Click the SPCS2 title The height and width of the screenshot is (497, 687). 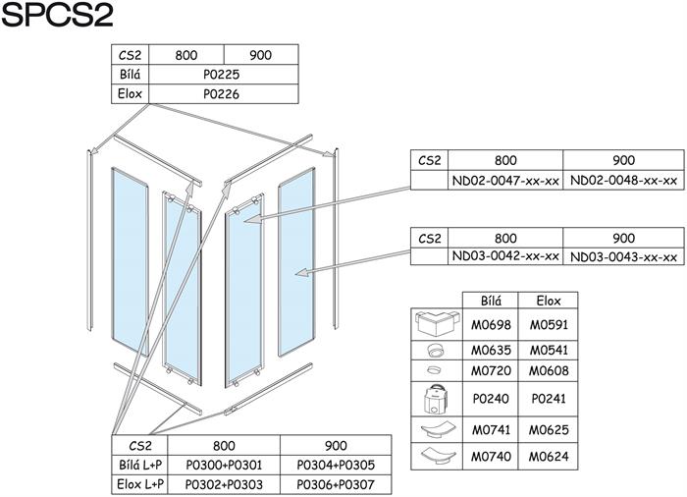coord(59,17)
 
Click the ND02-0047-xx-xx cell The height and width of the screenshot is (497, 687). coord(505,181)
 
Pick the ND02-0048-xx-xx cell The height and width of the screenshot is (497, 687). coord(623,181)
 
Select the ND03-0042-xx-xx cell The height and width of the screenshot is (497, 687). coord(505,256)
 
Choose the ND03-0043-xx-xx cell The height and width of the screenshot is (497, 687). coord(623,256)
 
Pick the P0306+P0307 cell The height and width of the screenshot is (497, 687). coord(336,484)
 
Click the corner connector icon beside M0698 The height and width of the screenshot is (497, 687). coord(436,324)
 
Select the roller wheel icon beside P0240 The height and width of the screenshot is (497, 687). coord(436,401)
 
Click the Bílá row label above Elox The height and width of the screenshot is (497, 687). coord(130,75)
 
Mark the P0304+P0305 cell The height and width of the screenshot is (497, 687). coord(336,466)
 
